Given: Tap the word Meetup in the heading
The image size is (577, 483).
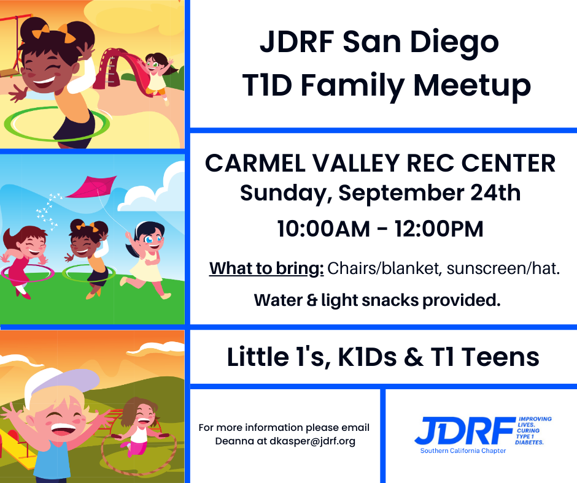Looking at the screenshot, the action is coord(472,86).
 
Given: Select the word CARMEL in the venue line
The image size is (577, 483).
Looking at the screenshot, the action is coord(255,163).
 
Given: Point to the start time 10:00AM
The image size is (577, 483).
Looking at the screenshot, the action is coord(323,229).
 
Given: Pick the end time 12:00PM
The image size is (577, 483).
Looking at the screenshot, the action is coord(439,229).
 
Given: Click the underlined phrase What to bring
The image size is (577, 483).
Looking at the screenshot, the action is coord(266,268).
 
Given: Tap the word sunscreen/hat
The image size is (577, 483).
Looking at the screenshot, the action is coord(503,268).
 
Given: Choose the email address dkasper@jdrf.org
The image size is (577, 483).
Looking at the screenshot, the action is coord(312,441).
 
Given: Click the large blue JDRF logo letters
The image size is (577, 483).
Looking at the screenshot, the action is coord(465,430).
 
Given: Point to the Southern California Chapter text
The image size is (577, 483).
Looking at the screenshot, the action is coord(463,451).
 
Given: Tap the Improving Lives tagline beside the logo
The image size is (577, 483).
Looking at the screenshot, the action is coord(533,430).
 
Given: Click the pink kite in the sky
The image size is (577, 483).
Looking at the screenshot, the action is coord(91,187).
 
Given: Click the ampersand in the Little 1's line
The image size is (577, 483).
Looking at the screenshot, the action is coord(414,357).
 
